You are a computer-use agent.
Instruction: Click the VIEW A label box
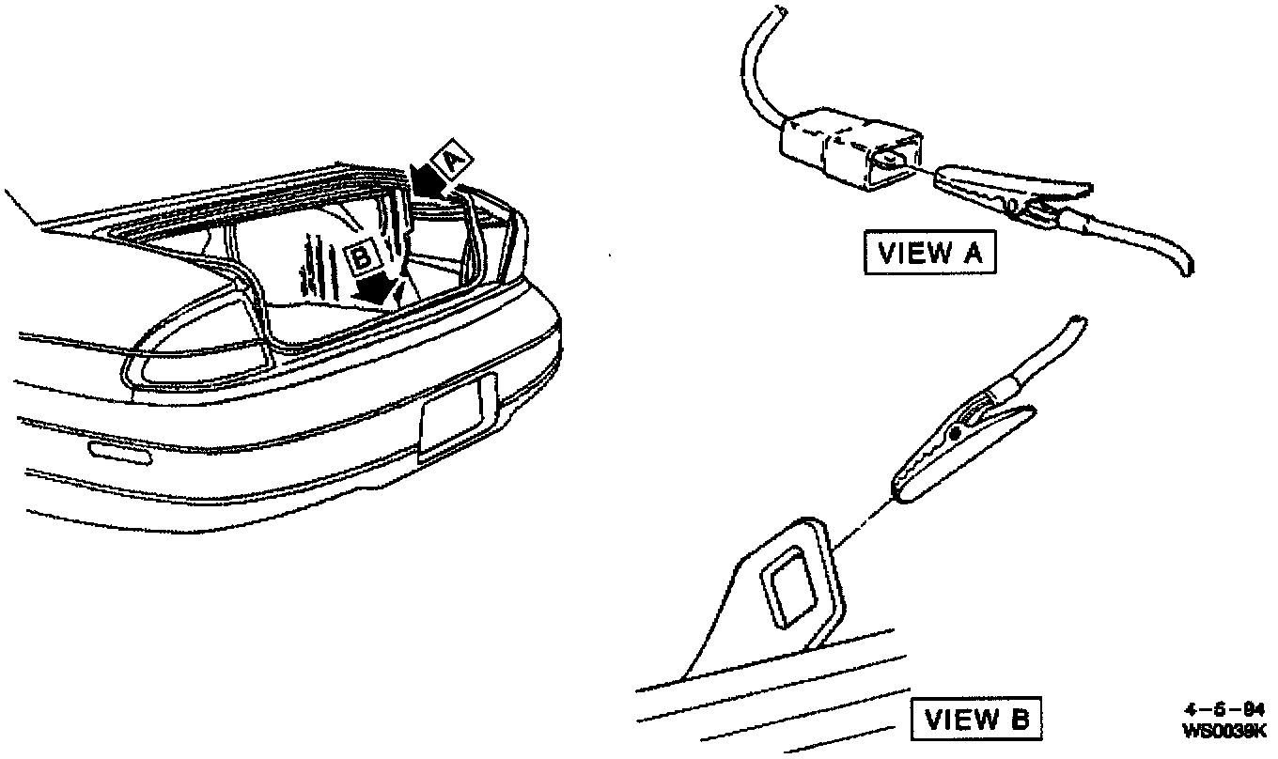click(928, 254)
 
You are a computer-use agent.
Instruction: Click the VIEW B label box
click(976, 720)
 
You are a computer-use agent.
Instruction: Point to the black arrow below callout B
click(378, 288)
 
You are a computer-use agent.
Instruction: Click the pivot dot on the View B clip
click(956, 433)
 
